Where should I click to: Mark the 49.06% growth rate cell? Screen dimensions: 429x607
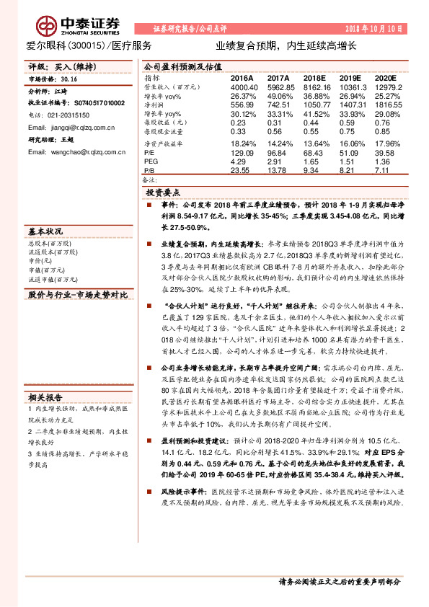(278, 95)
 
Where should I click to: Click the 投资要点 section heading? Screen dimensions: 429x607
(164, 193)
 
